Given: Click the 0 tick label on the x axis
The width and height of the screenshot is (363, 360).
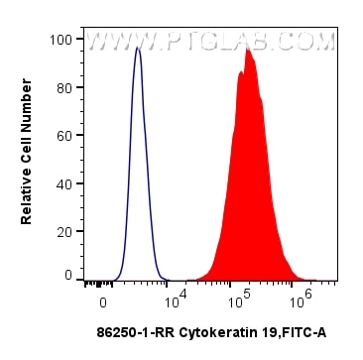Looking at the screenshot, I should click(103, 300).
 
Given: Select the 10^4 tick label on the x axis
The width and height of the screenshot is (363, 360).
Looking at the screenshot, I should click(176, 299).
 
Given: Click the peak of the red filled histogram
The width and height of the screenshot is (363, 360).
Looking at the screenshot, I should click(247, 49).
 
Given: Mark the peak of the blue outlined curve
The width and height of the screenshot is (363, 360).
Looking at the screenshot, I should click(138, 47).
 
